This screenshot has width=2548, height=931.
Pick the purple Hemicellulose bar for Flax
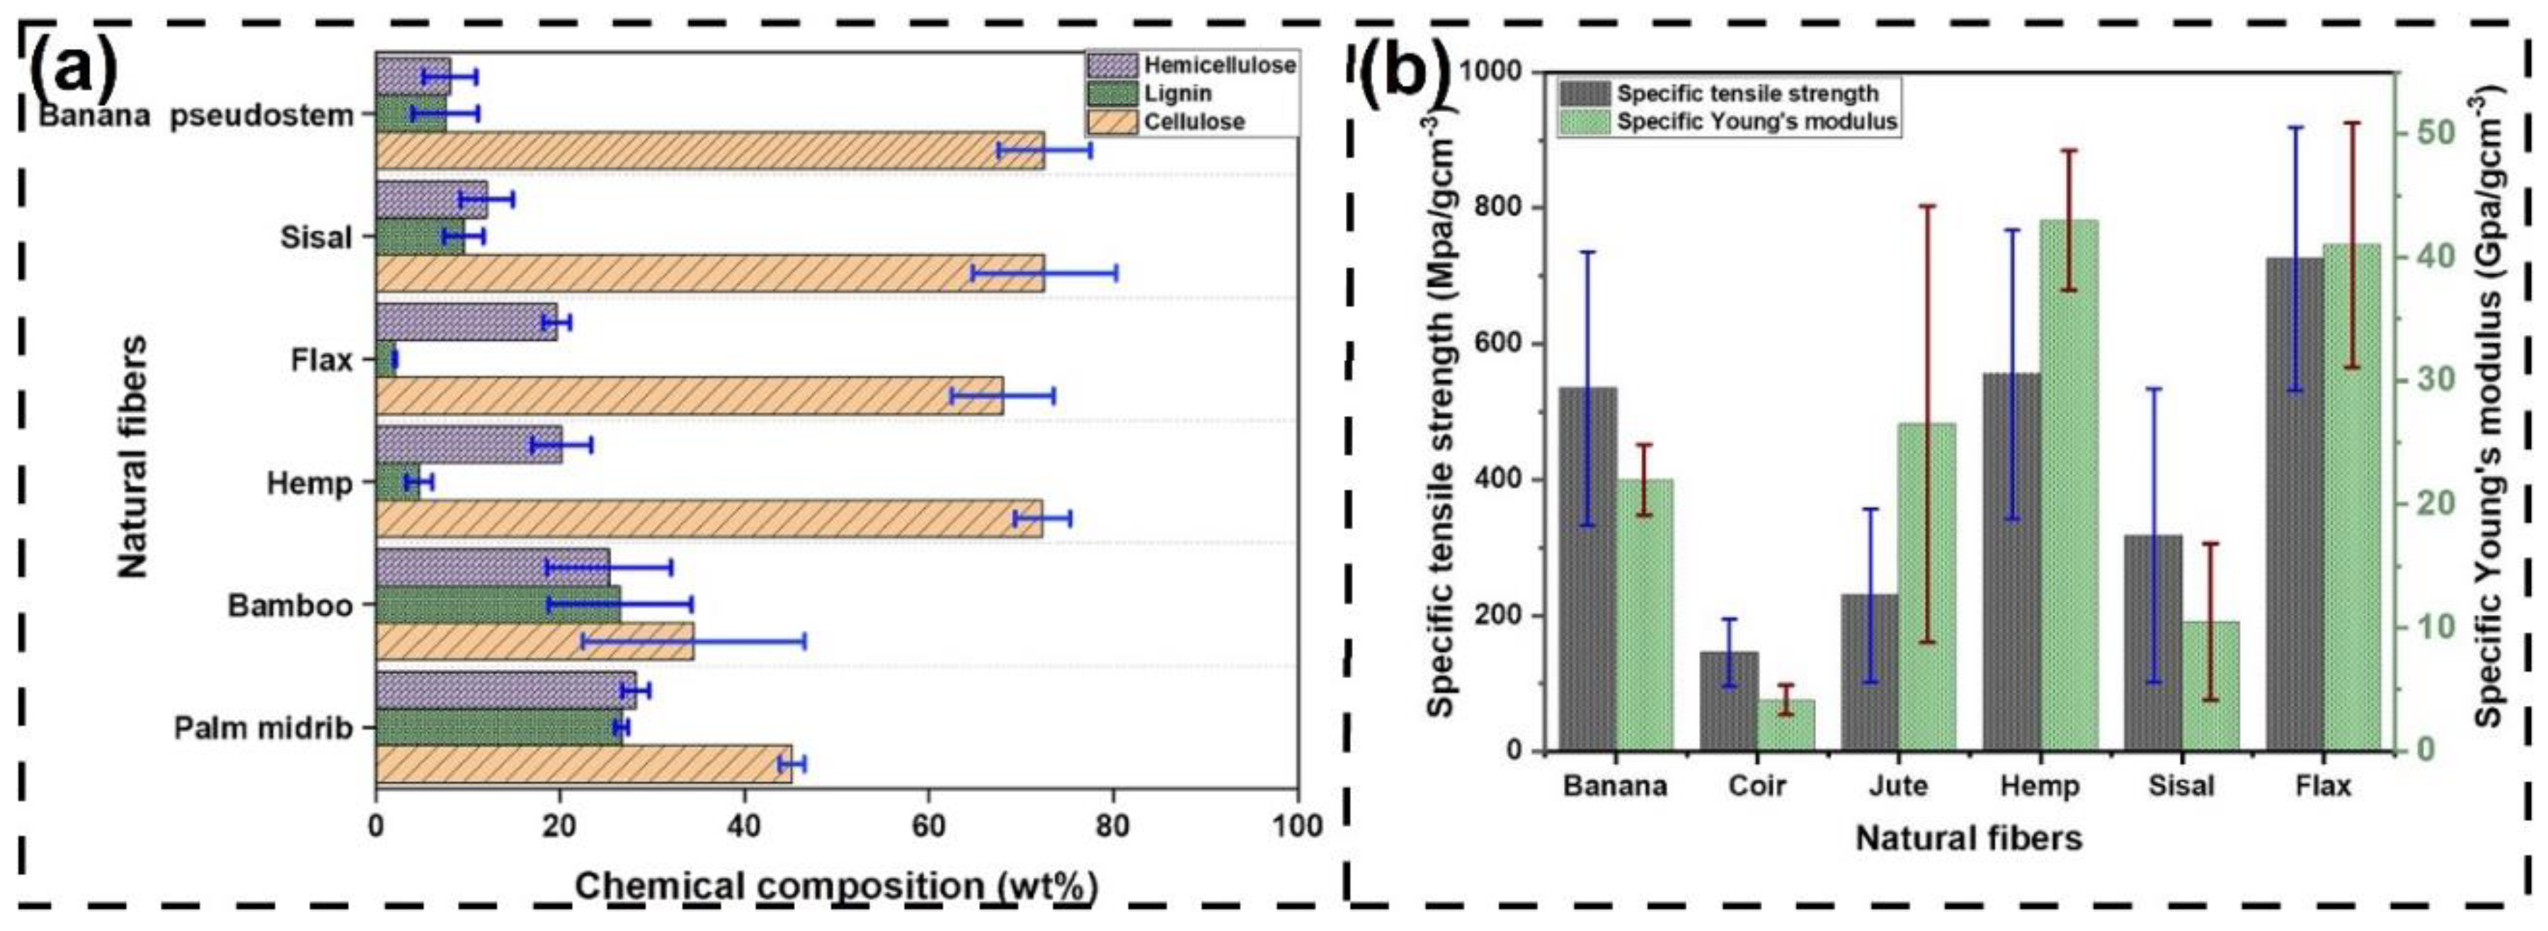(x=466, y=322)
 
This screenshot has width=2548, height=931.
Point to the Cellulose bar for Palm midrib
(x=583, y=764)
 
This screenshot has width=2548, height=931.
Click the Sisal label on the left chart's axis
(x=316, y=237)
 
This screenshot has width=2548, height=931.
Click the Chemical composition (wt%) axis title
(x=836, y=886)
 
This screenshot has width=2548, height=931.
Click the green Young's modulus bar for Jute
(x=1927, y=587)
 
